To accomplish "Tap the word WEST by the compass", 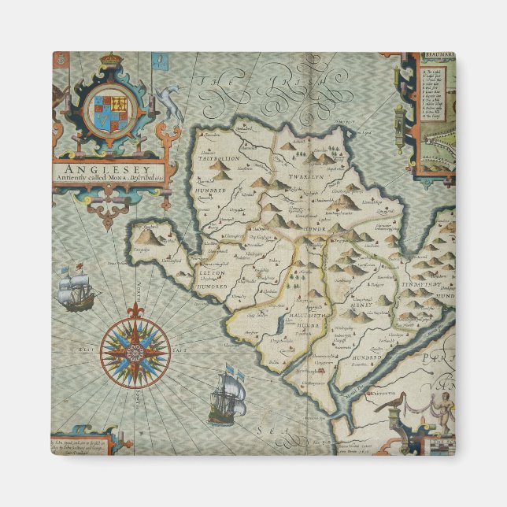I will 86,348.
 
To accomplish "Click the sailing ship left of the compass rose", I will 76,287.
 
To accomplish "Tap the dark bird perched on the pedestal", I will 390,404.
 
